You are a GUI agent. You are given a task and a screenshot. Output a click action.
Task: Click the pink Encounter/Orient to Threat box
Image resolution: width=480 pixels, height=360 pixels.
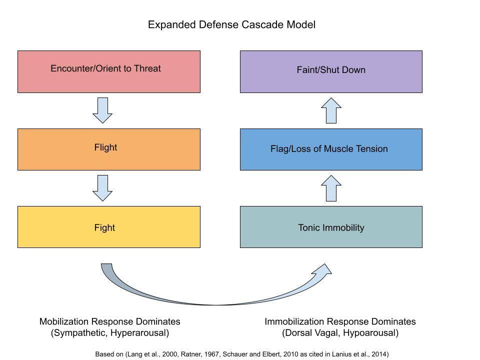(109, 71)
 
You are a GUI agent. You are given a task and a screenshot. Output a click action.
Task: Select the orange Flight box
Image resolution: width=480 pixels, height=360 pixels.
(109, 149)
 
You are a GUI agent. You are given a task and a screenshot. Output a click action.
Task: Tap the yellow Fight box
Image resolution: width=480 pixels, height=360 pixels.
(109, 227)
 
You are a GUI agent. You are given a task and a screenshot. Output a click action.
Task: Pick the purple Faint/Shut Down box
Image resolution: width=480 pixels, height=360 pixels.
(331, 71)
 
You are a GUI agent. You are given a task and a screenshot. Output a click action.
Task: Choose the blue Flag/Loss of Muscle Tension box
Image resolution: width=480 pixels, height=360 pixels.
(331, 149)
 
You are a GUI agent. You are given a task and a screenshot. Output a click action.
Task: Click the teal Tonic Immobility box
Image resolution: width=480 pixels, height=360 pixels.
(331, 227)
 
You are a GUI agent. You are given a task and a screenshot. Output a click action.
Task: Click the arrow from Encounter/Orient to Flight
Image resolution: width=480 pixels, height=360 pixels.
(102, 110)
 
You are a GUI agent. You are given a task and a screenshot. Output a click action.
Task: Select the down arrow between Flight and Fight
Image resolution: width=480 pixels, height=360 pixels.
(102, 188)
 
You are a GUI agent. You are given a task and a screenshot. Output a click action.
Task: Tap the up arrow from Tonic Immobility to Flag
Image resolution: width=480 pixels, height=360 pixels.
(331, 188)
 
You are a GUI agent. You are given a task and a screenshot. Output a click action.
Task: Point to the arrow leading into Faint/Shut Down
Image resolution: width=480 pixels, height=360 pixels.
(331, 110)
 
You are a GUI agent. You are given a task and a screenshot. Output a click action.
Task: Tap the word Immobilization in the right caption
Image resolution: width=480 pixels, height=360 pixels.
(294, 321)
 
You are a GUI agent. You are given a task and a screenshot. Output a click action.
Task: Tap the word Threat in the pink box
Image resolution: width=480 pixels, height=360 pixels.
(147, 68)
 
